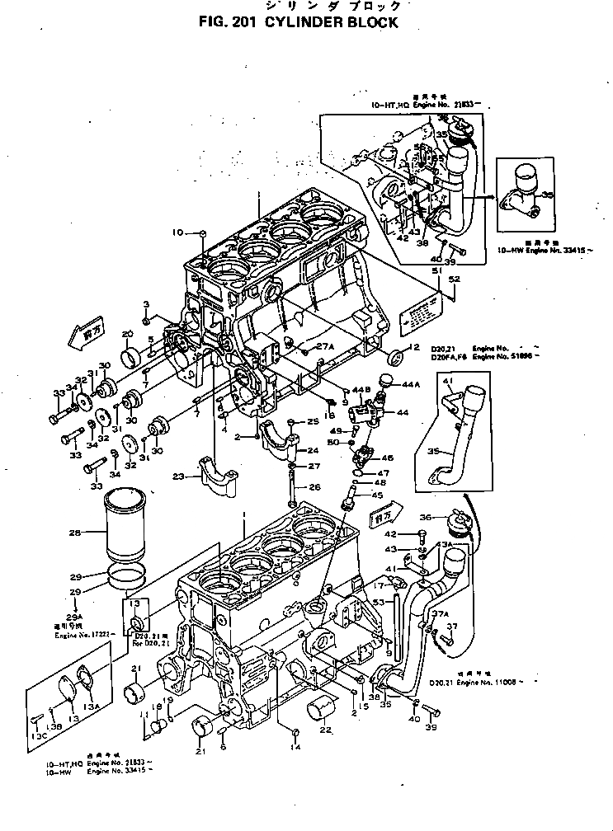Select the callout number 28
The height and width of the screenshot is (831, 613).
(x=75, y=533)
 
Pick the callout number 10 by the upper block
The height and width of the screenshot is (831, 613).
(x=177, y=232)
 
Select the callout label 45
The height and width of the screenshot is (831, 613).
(x=377, y=495)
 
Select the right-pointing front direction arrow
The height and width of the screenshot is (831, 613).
(x=383, y=518)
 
